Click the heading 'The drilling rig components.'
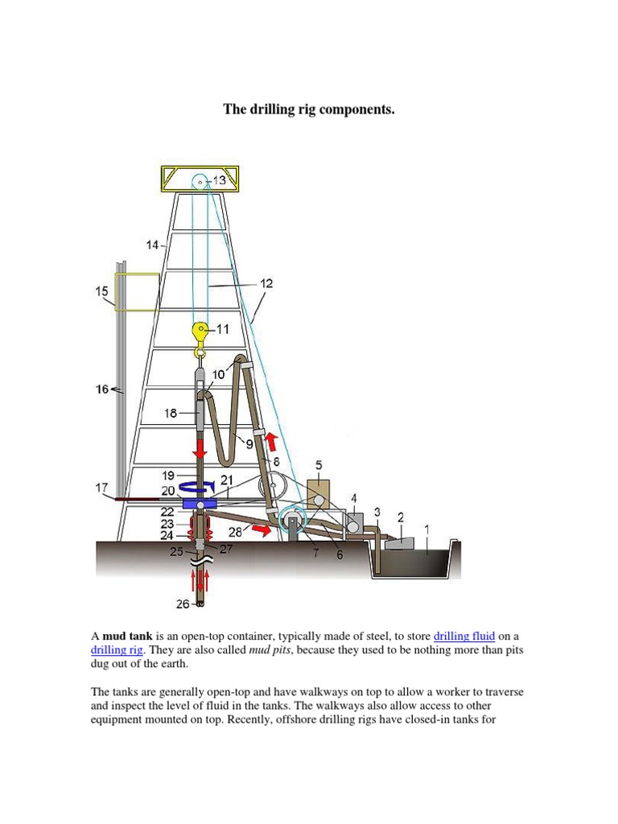[x=309, y=109]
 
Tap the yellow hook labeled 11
[x=200, y=330]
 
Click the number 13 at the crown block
[x=220, y=181]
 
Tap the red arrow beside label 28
[x=259, y=530]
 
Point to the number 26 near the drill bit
[x=183, y=603]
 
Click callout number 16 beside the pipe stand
[x=102, y=389]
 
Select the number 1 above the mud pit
[x=426, y=529]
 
